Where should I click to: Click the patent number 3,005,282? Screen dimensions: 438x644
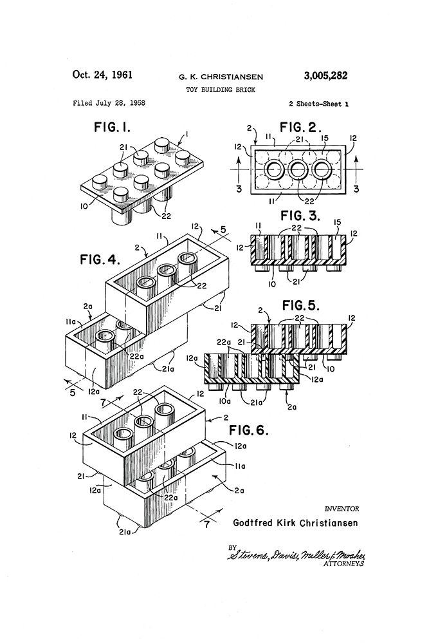(325, 75)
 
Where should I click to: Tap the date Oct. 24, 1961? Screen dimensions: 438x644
(102, 75)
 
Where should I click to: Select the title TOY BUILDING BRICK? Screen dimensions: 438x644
(221, 90)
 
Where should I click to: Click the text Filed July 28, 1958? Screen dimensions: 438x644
(109, 103)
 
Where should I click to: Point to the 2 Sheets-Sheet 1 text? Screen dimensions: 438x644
(319, 104)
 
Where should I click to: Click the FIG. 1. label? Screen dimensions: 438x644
(113, 127)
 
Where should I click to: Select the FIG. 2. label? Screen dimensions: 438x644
(300, 128)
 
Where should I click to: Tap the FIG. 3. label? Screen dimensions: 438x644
(300, 216)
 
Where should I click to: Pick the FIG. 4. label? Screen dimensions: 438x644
(100, 260)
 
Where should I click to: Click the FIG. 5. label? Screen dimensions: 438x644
(300, 305)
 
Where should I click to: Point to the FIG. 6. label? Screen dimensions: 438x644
(248, 430)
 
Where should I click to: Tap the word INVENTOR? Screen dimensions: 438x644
(342, 509)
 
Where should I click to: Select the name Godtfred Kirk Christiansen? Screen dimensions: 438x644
(295, 523)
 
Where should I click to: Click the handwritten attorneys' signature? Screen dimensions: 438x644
(296, 554)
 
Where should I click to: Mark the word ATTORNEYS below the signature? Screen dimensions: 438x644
(343, 563)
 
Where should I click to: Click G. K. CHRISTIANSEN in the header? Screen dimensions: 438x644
(221, 77)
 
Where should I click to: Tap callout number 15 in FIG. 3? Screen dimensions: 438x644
(338, 222)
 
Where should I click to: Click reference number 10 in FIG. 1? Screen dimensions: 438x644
(84, 207)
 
